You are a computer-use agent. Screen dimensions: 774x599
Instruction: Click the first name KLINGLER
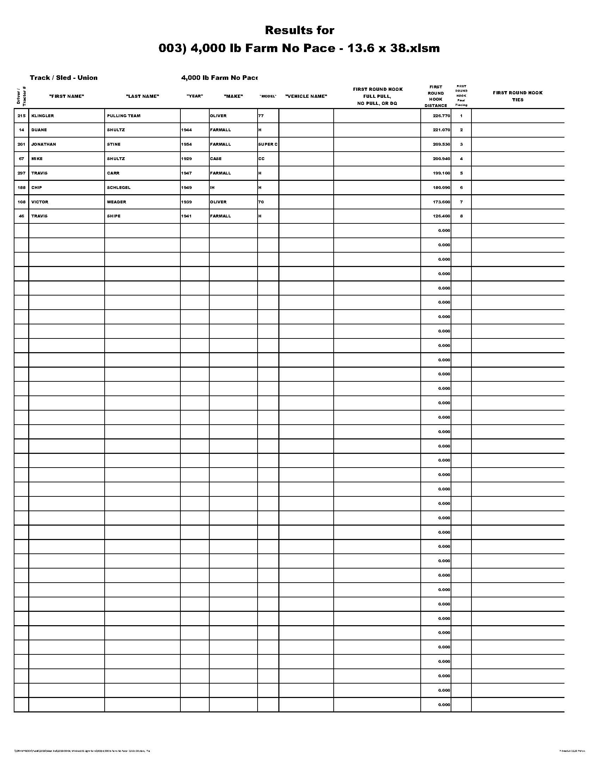43,116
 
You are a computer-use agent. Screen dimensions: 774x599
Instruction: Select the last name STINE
113,144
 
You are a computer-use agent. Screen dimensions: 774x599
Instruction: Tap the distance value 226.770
441,116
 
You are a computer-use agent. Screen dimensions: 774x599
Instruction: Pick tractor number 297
21,173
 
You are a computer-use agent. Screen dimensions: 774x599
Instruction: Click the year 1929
186,159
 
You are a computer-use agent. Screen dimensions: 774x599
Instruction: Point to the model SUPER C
268,144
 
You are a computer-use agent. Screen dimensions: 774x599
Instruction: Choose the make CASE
216,159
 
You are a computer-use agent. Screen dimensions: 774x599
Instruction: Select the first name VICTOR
40,202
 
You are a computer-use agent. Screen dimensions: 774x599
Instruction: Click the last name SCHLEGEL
118,188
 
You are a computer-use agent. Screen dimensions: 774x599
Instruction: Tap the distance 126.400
441,216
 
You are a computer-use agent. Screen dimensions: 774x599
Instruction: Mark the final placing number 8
461,216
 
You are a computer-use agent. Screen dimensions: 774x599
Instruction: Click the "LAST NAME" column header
142,96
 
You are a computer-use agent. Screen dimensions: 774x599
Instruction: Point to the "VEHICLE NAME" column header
306,96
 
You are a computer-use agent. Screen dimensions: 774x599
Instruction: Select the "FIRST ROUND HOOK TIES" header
517,96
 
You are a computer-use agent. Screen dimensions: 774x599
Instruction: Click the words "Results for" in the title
299,31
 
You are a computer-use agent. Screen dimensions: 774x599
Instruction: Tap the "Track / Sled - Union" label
63,78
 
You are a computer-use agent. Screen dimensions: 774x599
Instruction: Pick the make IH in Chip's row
212,188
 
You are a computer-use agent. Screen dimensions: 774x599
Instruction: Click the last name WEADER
116,202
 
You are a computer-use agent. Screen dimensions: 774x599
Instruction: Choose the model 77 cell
261,116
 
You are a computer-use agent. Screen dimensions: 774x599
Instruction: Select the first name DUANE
39,130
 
